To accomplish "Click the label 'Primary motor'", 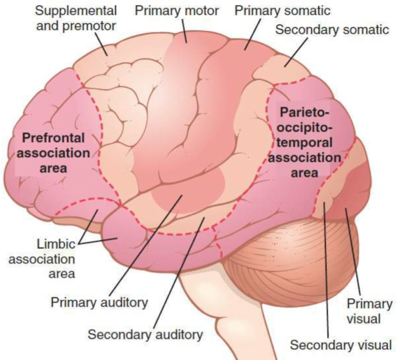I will pyautogui.click(x=173, y=10).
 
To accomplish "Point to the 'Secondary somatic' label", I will pyautogui.click(x=332, y=30).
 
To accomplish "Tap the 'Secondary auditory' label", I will pyautogui.click(x=145, y=334).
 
